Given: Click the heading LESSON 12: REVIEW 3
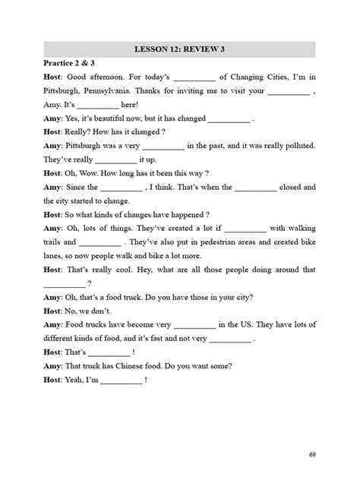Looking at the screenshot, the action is coord(179,50).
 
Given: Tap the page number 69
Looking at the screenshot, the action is coord(312,454).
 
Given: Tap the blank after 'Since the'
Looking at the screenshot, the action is coord(122,187).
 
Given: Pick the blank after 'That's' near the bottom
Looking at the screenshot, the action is coord(109,352).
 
